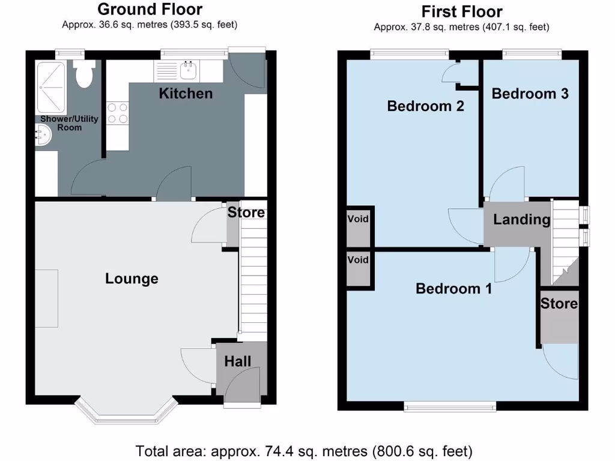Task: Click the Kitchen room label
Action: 186,94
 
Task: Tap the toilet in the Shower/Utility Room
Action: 84,75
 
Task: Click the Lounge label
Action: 132,279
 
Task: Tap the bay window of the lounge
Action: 127,412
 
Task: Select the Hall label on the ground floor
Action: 238,361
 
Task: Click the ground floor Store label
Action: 246,212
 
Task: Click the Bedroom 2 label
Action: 425,106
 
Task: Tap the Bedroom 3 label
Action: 530,94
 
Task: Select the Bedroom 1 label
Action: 454,289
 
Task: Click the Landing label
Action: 521,220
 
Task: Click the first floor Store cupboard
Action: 559,318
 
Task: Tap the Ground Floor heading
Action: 150,9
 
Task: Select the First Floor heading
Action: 461,11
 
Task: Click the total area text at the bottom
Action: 304,450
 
